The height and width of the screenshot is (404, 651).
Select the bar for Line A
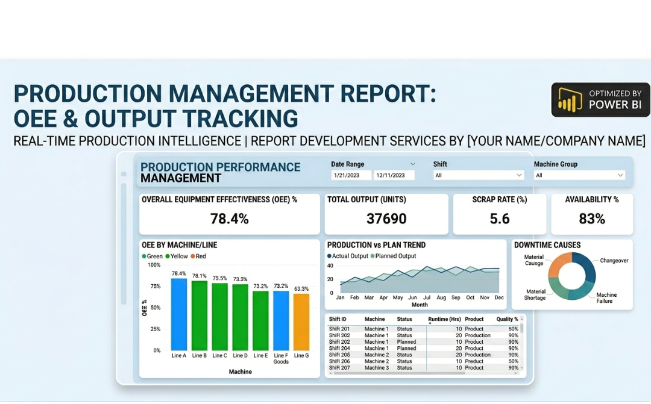[179, 314]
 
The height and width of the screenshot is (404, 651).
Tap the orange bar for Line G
[301, 322]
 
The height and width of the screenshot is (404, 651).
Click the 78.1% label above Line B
[200, 276]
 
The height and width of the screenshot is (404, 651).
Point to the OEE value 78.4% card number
[229, 219]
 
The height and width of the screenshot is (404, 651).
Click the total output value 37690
[386, 219]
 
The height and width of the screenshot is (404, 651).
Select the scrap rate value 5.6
[500, 219]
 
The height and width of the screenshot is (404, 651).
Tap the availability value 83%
[592, 219]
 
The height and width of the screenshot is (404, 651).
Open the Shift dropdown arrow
[519, 175]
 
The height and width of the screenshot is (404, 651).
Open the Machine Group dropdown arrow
[620, 175]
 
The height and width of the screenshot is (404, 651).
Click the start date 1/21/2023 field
[351, 175]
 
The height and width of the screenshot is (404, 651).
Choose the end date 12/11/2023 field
[394, 175]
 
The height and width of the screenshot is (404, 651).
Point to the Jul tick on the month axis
[427, 297]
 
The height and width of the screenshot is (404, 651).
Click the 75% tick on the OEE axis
[156, 286]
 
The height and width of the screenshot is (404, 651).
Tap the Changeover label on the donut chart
[614, 261]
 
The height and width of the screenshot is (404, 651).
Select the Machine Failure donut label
[606, 298]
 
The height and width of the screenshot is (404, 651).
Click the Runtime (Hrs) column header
[444, 319]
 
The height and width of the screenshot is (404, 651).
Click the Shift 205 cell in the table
[339, 355]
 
